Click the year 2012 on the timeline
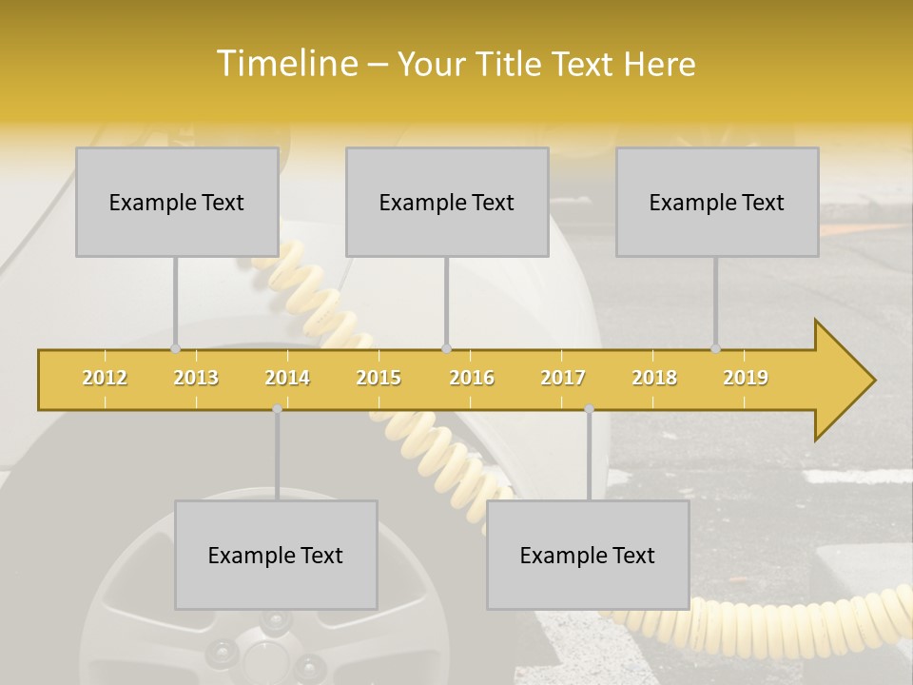105,378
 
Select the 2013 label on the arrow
196,378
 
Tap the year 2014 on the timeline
287,378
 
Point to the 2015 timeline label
379,378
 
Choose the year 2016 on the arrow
472,378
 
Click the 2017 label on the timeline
563,378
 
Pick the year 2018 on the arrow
654,378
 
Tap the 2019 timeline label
746,378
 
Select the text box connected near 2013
177,203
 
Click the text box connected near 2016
447,203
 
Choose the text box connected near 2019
717,203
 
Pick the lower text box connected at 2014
276,556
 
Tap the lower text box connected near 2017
588,556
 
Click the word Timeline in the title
284,64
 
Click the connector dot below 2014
277,408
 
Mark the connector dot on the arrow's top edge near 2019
715,348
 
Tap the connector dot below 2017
589,408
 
